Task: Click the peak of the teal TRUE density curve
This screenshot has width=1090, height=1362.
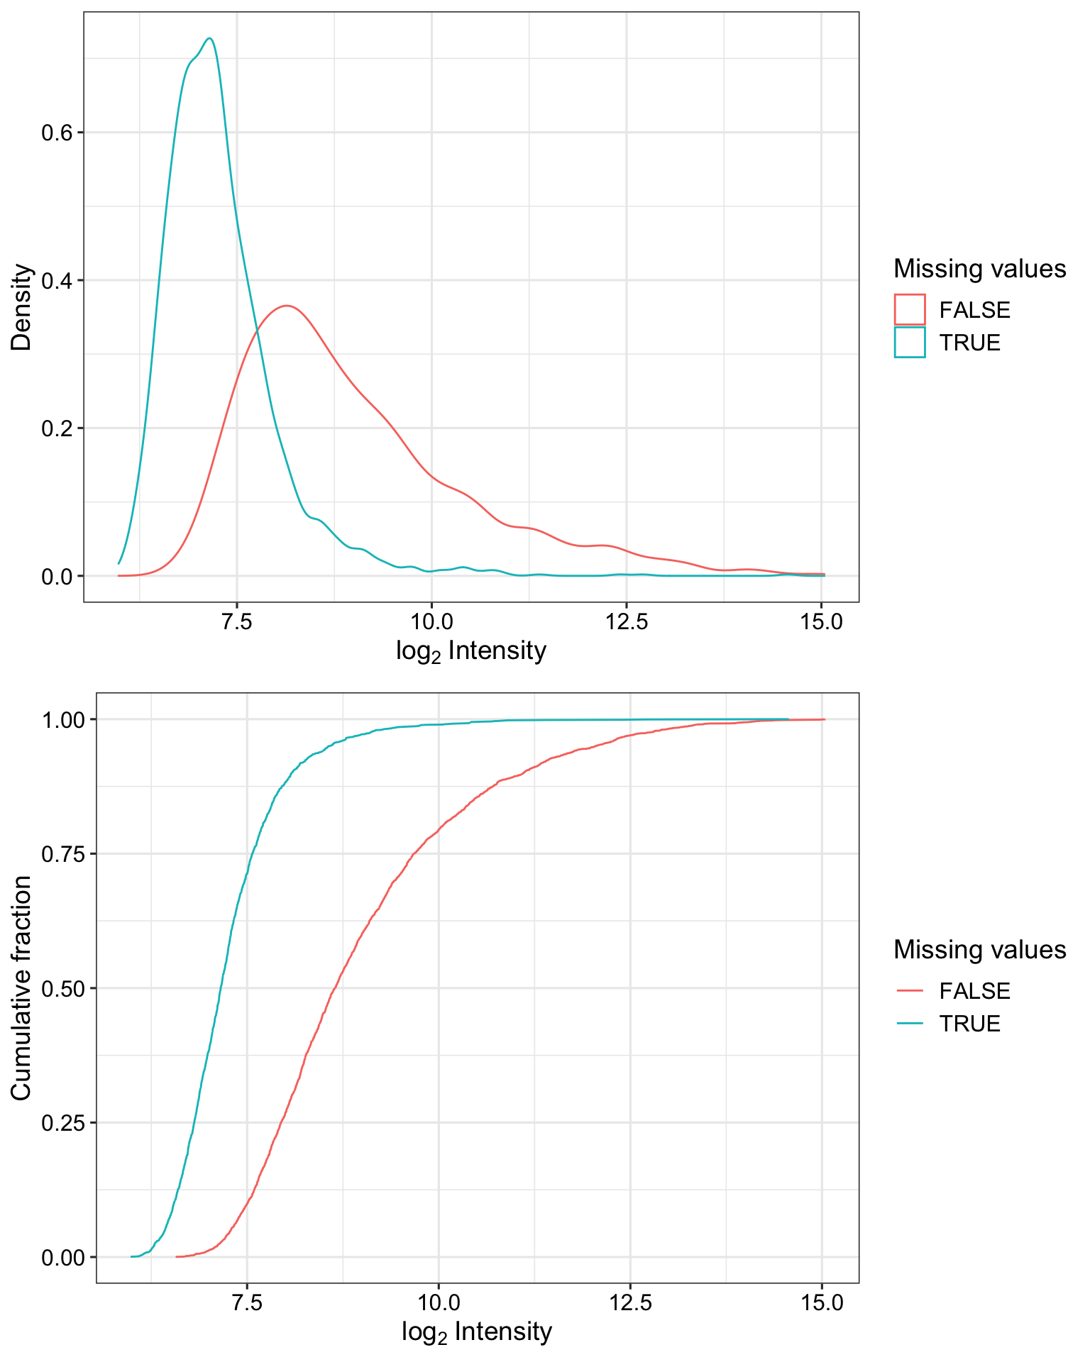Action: pos(209,39)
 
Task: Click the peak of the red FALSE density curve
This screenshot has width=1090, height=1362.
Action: pos(286,306)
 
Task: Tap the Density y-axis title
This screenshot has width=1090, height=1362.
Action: pos(22,306)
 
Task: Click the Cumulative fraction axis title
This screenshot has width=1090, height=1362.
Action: pos(22,987)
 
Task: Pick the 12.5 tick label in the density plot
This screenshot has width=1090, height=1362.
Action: pos(627,622)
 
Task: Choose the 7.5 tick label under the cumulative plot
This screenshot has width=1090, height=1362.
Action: pos(246,1303)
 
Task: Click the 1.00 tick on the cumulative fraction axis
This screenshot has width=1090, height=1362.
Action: pos(64,719)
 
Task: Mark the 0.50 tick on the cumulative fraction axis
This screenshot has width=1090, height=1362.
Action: pos(64,988)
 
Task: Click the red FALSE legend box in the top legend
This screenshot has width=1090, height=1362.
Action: pos(910,309)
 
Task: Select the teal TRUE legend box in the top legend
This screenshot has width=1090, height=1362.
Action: pos(910,342)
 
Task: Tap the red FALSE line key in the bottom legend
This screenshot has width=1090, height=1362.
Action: pos(910,990)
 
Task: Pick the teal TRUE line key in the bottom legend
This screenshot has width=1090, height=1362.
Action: pos(910,1023)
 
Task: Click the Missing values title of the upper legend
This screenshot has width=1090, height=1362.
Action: pos(979,269)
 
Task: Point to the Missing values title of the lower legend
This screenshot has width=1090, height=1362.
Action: pos(979,949)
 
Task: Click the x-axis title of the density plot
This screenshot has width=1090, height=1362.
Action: pos(471,651)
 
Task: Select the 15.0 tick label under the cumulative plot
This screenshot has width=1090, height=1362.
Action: pos(822,1303)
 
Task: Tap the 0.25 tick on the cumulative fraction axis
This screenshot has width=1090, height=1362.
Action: pos(64,1122)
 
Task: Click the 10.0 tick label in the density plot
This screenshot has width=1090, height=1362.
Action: pos(431,622)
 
